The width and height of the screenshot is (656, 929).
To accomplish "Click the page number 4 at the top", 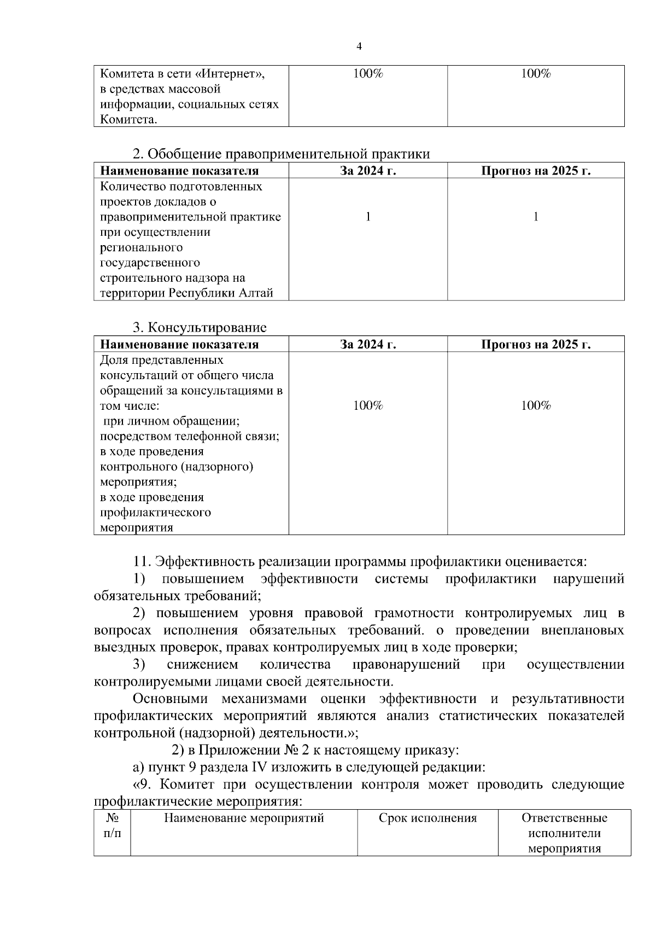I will [359, 47].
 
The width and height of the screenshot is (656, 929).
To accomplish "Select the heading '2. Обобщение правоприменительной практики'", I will [282, 154].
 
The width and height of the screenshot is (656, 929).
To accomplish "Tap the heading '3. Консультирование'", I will [200, 328].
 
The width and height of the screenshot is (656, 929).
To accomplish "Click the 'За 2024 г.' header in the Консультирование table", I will [368, 345].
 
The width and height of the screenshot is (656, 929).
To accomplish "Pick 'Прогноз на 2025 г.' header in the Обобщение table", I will [536, 171].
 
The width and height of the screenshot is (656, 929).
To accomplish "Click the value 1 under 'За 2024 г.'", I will [368, 217].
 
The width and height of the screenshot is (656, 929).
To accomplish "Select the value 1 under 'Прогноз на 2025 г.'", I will [536, 217].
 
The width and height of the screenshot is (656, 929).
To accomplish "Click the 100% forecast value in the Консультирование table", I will [536, 405].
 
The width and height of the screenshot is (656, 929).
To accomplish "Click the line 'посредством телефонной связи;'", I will [190, 437].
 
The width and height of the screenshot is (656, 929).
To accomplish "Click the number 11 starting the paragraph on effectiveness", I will [142, 562].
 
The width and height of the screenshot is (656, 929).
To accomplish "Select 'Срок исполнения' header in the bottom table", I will [427, 818].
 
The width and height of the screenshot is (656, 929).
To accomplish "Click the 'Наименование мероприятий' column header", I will [244, 818].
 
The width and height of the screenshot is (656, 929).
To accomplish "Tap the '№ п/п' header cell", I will [112, 826].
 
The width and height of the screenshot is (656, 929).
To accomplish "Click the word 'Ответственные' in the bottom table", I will [564, 818].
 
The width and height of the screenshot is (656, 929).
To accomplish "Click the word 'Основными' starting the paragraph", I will [171, 699].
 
